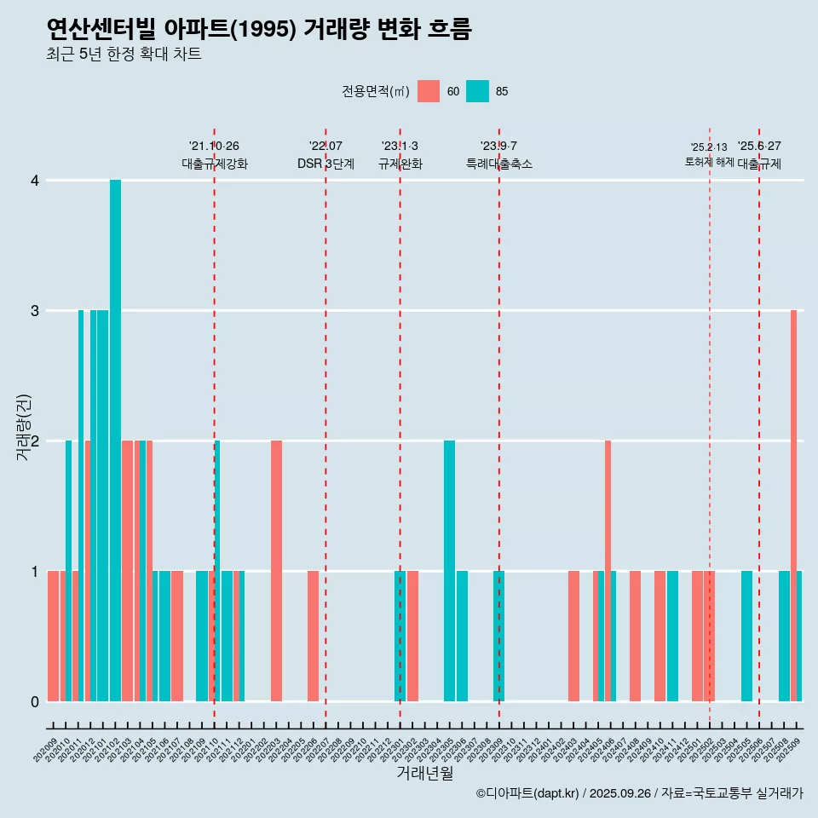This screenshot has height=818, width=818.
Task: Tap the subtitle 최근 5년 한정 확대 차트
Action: pos(124,55)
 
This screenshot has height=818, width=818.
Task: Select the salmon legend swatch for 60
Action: pos(429,91)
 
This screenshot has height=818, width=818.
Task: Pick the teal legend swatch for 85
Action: pos(478,91)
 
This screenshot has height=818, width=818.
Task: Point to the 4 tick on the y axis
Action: pos(35,181)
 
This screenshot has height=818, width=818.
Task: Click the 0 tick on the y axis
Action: pos(35,701)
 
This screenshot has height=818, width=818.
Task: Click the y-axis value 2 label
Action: pos(35,441)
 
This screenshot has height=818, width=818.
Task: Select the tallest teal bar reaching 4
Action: pos(115,440)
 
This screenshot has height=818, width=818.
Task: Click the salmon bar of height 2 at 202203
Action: pos(276,571)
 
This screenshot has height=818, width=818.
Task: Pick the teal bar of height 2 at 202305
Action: pos(449,571)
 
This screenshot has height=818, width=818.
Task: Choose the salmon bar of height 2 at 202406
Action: pos(608,571)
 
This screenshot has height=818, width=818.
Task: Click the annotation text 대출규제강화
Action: pos(215,164)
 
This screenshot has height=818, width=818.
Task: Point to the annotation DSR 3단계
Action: pos(325,164)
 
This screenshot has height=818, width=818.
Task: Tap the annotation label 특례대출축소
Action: pos(499,164)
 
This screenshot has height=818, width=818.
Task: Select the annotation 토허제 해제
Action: pos(709,162)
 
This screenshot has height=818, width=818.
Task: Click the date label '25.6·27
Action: pos(759,147)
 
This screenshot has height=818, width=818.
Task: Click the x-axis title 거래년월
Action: pos(424,773)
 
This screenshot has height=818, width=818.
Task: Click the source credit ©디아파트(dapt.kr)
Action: pos(527,793)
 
